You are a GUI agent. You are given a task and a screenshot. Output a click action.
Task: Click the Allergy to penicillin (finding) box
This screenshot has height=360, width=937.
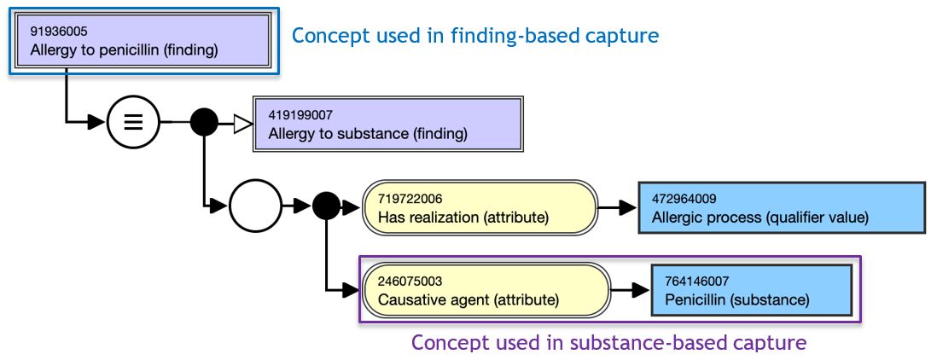[x=143, y=41]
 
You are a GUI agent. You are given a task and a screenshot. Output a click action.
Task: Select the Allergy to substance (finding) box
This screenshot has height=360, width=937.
[x=387, y=125]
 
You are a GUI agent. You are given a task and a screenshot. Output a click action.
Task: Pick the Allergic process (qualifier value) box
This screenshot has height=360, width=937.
[x=782, y=207]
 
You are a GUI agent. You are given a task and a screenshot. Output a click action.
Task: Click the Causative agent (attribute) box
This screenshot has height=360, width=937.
[x=486, y=289]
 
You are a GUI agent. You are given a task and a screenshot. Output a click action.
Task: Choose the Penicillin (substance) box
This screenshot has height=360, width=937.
[x=752, y=289]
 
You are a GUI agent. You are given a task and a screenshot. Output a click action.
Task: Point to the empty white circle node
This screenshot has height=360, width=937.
[x=255, y=206]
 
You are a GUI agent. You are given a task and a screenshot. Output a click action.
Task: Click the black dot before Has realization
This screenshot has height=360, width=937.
[x=326, y=206]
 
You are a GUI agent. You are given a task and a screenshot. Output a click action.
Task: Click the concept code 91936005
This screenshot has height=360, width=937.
[x=54, y=30]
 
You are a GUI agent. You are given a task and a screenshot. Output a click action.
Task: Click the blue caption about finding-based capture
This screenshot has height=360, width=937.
[x=475, y=36]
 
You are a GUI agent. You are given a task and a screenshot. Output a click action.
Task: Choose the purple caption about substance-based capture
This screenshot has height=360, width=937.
[x=609, y=343]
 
